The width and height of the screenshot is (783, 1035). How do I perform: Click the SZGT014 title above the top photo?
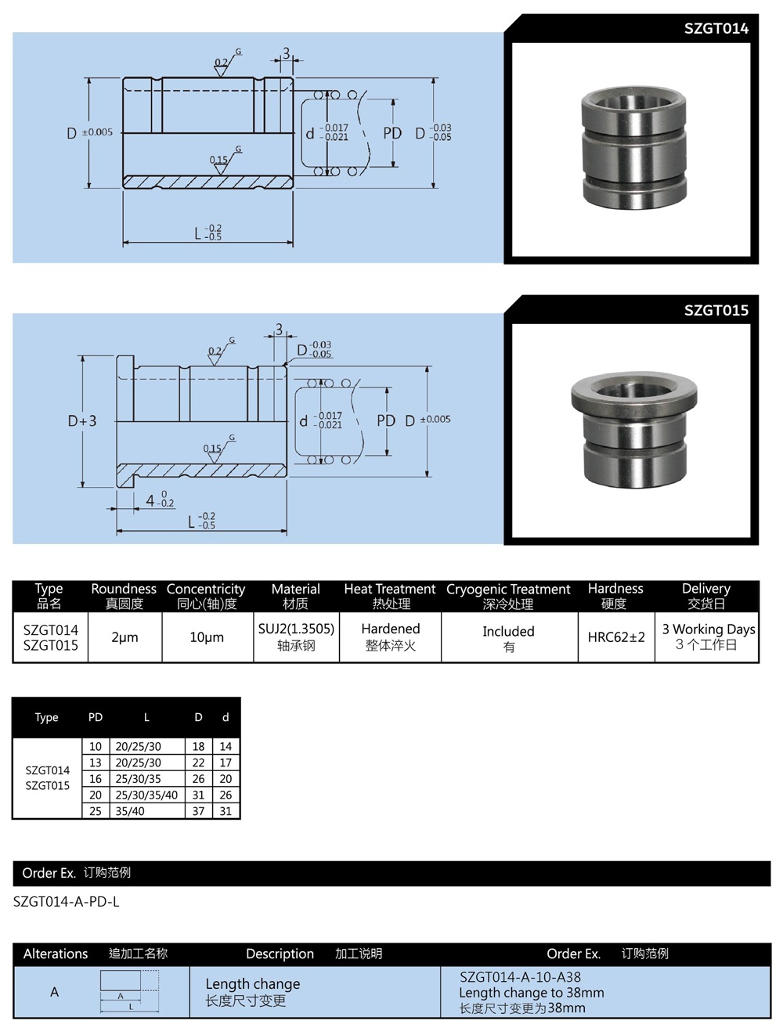(716, 29)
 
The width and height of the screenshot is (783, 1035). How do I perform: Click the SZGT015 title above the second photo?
(716, 310)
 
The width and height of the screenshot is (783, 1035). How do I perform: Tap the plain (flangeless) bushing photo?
(633, 150)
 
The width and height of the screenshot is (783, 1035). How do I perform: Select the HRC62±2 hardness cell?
(616, 637)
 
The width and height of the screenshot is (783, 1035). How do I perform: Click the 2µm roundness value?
(124, 637)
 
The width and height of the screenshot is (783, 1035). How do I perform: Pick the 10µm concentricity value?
(207, 637)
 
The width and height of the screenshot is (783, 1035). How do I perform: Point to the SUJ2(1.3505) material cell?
(296, 629)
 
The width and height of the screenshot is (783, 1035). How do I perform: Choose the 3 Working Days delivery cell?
(708, 629)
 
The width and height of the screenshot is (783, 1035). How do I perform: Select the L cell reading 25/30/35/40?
(146, 795)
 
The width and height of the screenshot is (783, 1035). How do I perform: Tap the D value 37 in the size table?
(198, 811)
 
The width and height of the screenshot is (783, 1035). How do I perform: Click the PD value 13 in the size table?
(96, 763)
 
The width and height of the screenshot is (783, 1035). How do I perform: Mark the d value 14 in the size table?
(226, 747)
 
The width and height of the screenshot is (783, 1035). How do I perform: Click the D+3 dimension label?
(82, 421)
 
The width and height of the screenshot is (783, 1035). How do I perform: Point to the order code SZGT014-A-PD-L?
(67, 902)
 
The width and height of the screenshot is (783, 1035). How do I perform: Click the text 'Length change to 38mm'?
(531, 993)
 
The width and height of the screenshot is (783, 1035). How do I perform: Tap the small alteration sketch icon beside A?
(129, 990)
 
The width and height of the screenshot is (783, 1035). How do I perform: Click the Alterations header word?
(56, 954)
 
